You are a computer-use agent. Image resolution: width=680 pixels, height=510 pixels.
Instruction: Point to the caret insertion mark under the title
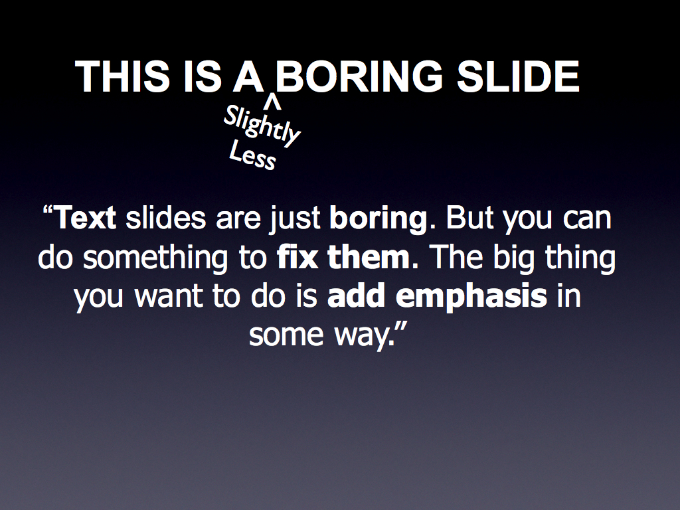pyautogui.click(x=273, y=102)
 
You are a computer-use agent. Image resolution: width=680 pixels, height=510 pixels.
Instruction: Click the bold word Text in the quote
pyautogui.click(x=86, y=217)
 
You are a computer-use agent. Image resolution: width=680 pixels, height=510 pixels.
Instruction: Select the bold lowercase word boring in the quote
pyautogui.click(x=379, y=219)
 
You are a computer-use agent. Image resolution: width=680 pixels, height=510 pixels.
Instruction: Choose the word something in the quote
pyautogui.click(x=155, y=258)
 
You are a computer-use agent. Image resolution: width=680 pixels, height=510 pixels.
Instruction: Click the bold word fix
pyautogui.click(x=297, y=256)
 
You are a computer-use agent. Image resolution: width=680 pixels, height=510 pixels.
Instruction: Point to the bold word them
pyautogui.click(x=369, y=256)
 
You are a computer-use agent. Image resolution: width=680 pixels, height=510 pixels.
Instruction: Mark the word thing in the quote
pyautogui.click(x=580, y=258)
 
